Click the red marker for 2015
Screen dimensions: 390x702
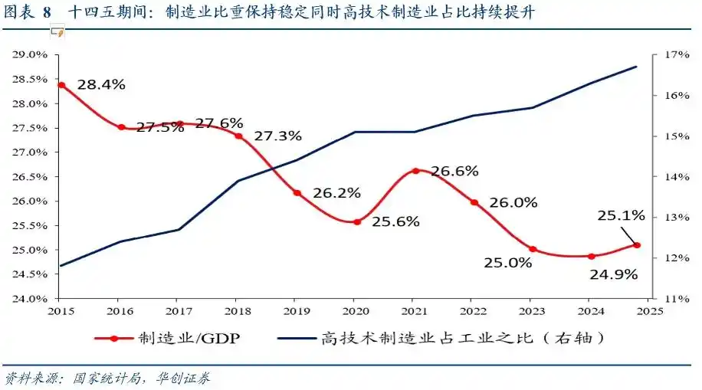point(61,85)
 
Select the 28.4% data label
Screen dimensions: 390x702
point(101,85)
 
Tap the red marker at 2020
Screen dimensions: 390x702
point(356,221)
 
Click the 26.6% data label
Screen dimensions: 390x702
point(454,171)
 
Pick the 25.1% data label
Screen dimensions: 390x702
point(621,217)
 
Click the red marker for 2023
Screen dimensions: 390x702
point(533,249)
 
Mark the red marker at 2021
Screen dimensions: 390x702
point(415,171)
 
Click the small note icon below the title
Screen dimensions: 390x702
point(56,32)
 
